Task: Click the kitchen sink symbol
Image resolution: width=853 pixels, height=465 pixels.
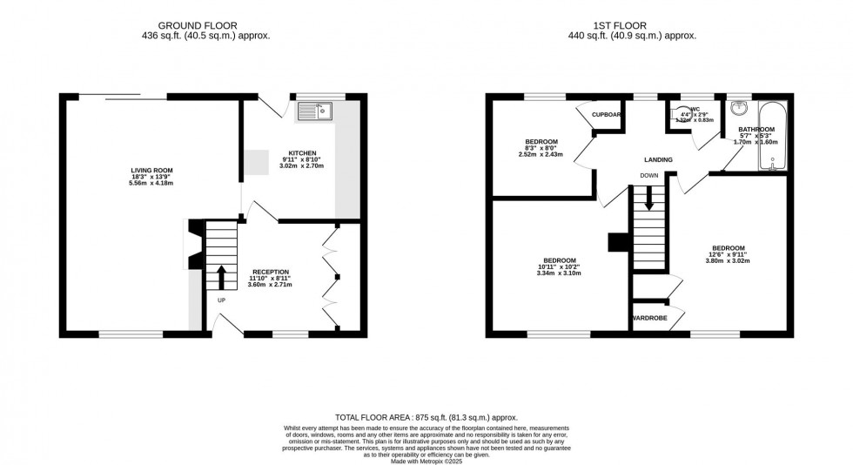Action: coord(315,111)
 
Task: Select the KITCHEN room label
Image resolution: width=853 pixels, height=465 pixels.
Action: coord(297,152)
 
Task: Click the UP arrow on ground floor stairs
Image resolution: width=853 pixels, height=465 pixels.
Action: coord(220,277)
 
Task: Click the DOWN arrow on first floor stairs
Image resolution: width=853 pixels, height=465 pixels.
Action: coord(648,199)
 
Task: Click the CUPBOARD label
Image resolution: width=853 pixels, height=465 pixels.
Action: coord(608,115)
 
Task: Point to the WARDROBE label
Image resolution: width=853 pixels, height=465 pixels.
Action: coord(649,319)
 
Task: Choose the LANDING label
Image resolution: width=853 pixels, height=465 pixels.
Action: coord(657,160)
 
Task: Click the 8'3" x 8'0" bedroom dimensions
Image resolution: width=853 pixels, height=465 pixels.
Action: coord(541,148)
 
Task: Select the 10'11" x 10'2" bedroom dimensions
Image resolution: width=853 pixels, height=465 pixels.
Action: coord(559,267)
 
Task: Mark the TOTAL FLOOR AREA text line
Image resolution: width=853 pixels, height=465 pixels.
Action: coord(426,418)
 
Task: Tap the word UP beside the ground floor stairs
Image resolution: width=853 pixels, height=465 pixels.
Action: coord(221,301)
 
